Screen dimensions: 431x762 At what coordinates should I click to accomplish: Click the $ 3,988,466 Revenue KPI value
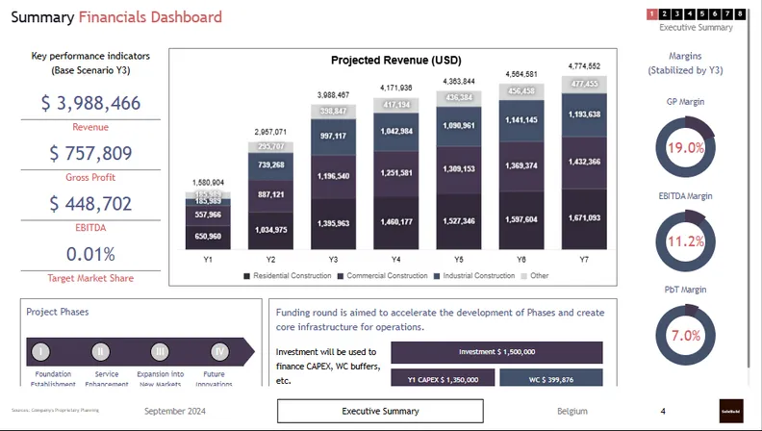(x=90, y=104)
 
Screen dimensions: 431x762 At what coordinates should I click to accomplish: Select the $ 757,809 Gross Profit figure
(x=90, y=154)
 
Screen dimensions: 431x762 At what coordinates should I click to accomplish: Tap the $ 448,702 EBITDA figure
(x=90, y=204)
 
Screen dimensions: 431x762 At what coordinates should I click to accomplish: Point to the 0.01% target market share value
(x=90, y=254)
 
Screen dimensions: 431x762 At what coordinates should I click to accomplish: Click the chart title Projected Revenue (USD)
(x=396, y=60)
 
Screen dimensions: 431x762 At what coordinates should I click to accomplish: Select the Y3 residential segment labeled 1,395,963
(x=334, y=222)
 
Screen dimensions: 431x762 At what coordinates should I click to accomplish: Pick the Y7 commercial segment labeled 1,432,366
(x=585, y=162)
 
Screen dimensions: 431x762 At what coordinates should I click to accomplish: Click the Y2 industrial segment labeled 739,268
(x=270, y=165)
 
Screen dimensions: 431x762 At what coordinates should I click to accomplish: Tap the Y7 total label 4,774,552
(x=585, y=66)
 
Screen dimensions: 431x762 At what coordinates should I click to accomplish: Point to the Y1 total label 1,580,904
(x=208, y=182)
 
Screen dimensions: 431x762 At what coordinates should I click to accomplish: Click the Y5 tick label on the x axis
(x=459, y=260)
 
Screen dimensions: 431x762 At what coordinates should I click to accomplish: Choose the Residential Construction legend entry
(x=287, y=276)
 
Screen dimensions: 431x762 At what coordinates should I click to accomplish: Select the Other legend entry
(x=536, y=276)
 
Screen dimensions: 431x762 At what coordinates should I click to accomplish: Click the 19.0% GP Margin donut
(x=686, y=148)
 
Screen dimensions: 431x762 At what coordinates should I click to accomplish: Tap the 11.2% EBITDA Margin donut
(x=686, y=241)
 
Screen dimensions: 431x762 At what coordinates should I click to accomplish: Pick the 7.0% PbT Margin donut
(x=686, y=335)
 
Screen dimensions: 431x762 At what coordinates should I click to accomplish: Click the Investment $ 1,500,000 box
(x=496, y=352)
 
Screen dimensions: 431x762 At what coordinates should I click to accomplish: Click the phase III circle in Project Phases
(x=160, y=351)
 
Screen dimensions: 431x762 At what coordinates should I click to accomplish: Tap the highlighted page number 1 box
(x=652, y=13)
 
